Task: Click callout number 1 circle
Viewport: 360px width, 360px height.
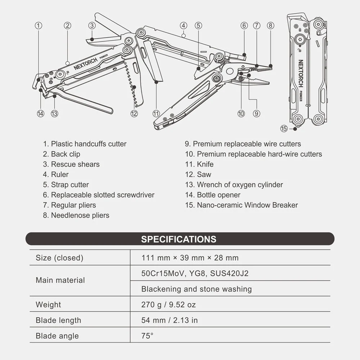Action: click(39, 26)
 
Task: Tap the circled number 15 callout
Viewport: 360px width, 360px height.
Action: click(284, 129)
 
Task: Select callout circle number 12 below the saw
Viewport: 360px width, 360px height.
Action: click(134, 113)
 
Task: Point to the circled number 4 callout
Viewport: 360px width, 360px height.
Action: click(184, 26)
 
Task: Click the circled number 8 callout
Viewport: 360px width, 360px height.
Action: click(271, 26)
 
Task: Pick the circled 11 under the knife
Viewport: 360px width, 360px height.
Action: click(156, 113)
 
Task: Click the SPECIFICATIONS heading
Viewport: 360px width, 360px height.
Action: click(179, 239)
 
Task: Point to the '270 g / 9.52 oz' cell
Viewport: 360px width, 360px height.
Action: click(168, 305)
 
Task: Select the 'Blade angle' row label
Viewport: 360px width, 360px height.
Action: click(57, 336)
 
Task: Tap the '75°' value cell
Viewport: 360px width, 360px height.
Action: click(147, 336)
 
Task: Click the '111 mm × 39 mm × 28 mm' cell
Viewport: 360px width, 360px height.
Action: click(190, 258)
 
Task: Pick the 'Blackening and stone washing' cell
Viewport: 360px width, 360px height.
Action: click(197, 289)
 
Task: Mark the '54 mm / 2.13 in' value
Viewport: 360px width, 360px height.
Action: click(170, 320)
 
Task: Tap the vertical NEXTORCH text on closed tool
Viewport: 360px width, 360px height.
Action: click(301, 73)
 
